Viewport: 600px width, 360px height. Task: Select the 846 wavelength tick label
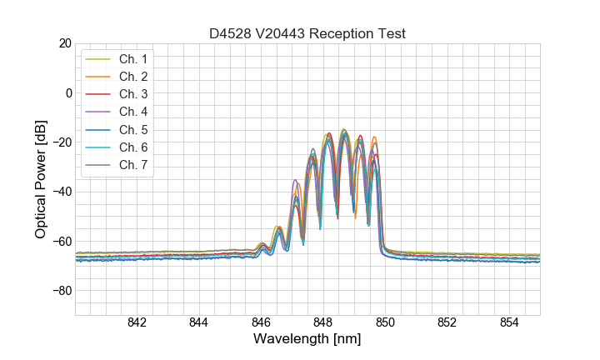(x=261, y=323)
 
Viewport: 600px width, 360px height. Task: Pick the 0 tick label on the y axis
(x=68, y=92)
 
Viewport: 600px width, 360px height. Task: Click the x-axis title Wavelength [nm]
(x=307, y=340)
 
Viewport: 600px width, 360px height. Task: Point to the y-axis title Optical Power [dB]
(x=41, y=179)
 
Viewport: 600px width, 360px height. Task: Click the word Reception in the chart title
(x=342, y=34)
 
